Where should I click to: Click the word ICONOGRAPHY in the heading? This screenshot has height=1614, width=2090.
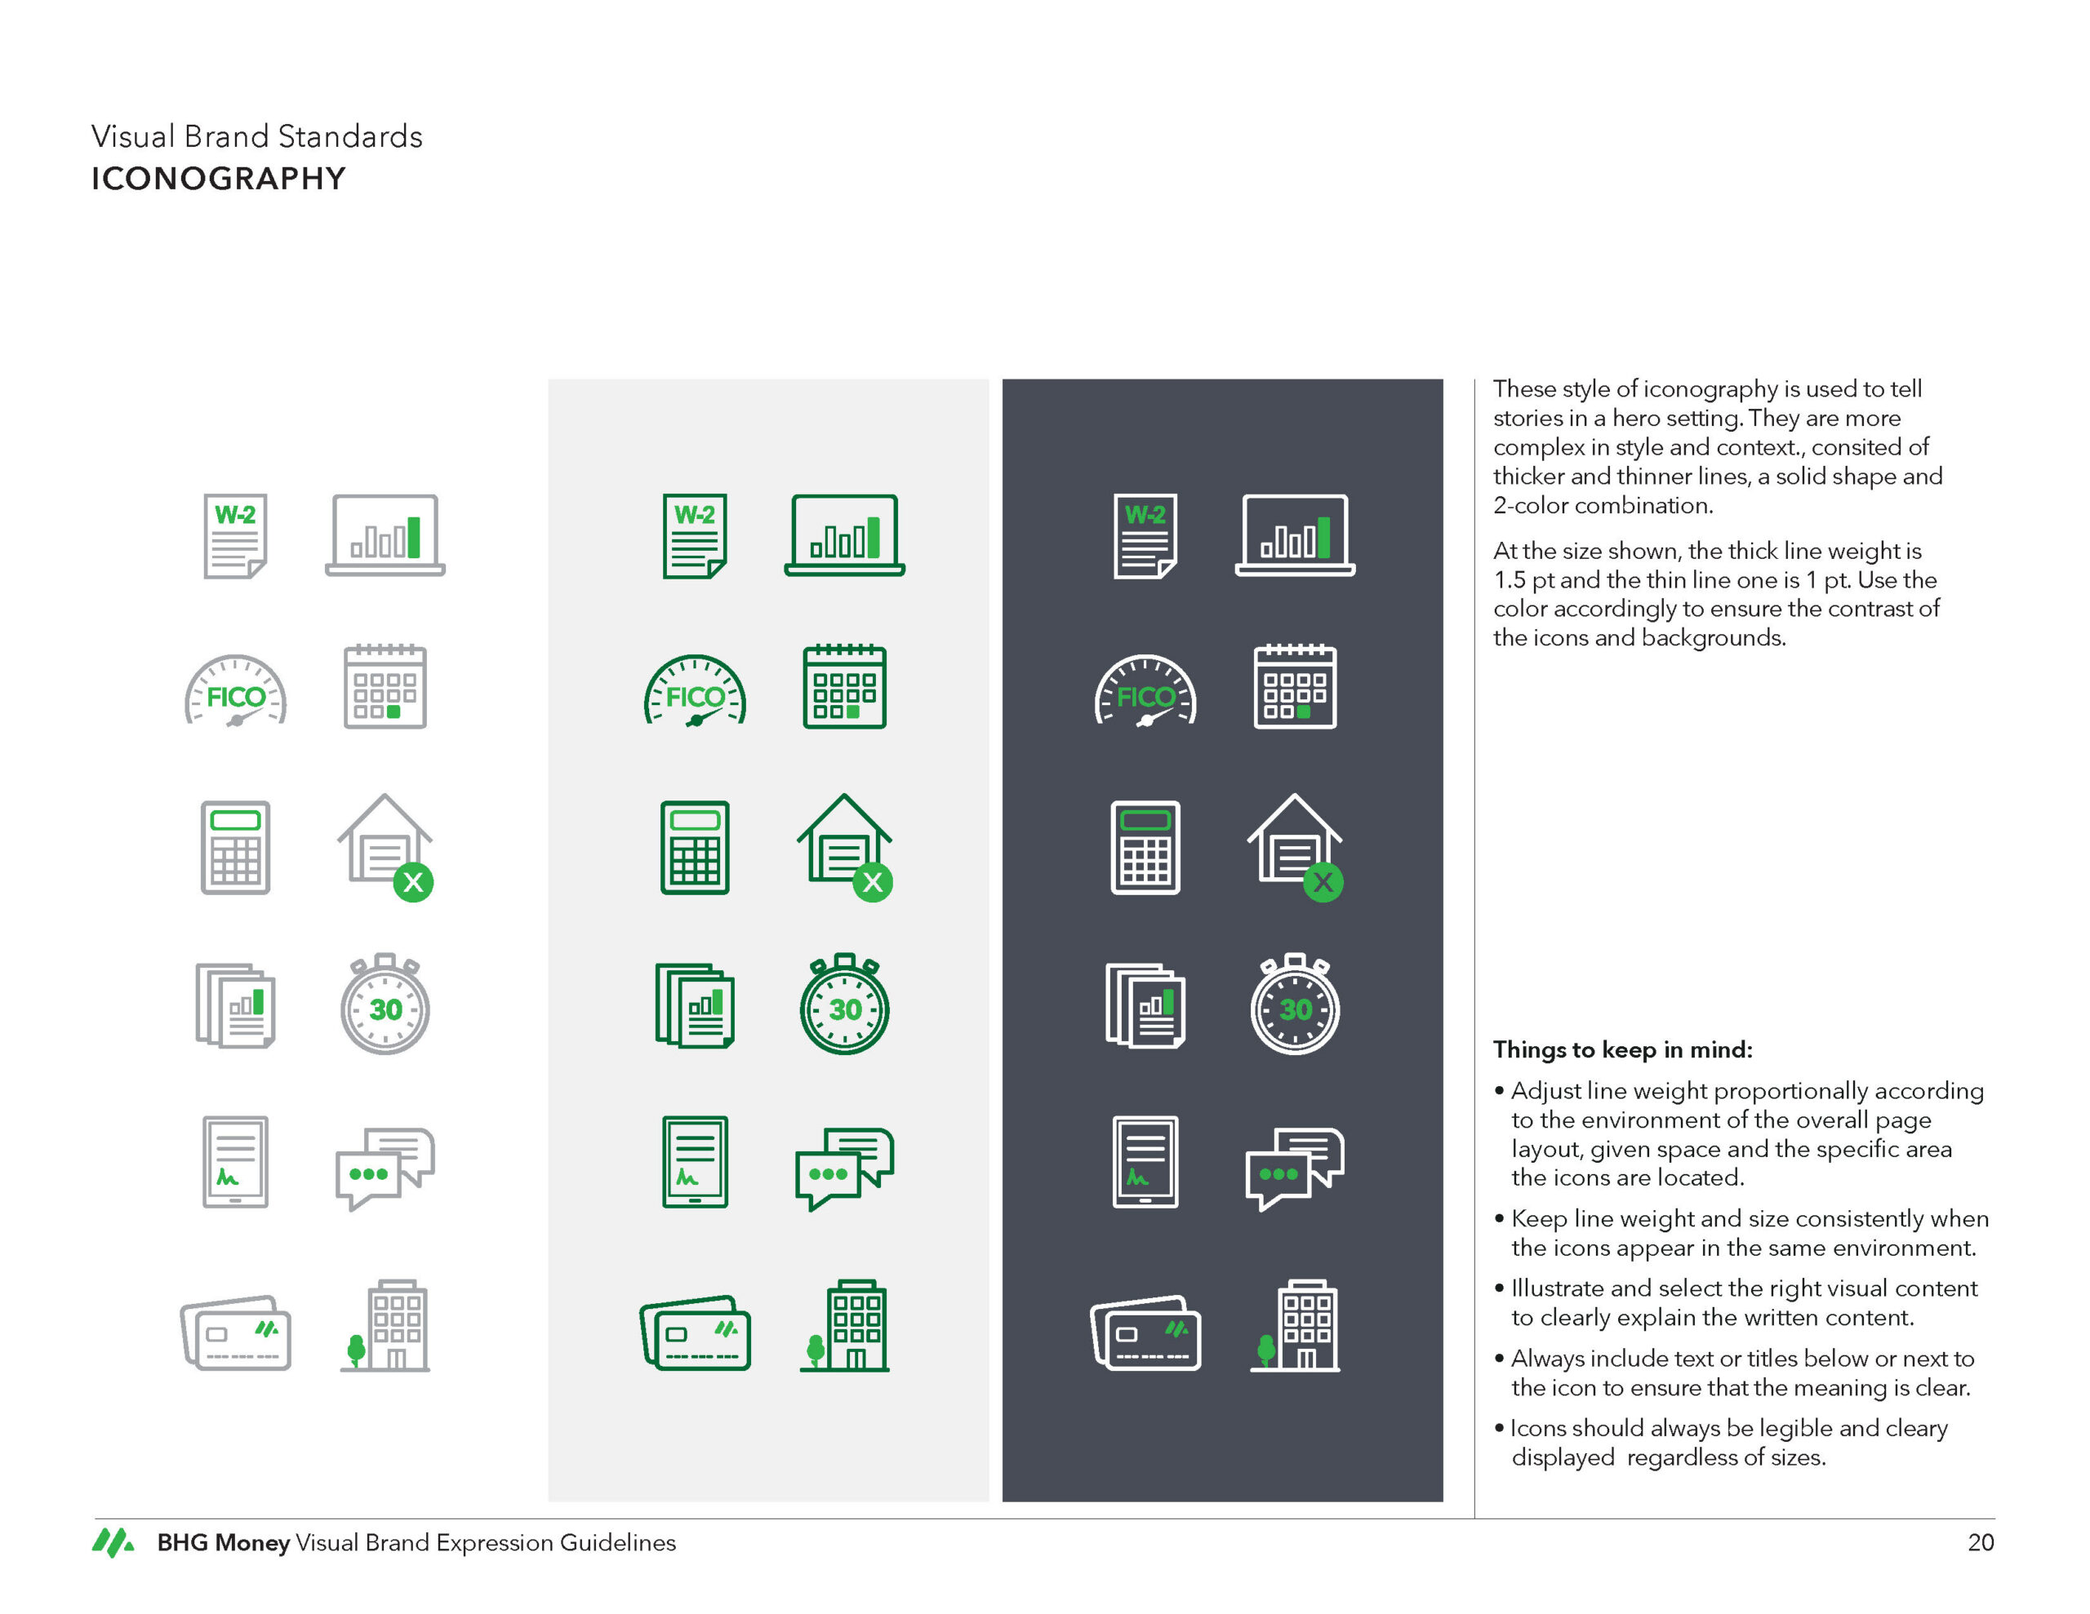pyautogui.click(x=218, y=178)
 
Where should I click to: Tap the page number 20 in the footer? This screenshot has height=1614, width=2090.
pyautogui.click(x=1980, y=1541)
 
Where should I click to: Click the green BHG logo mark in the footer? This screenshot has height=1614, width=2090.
pyautogui.click(x=113, y=1541)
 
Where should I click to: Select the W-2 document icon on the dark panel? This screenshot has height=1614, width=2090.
pyautogui.click(x=1145, y=536)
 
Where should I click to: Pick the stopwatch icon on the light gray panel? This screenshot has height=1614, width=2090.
pyautogui.click(x=844, y=1004)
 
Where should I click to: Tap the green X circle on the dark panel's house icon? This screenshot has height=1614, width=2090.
pyautogui.click(x=1323, y=882)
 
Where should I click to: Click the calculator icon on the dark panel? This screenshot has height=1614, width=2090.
pyautogui.click(x=1145, y=848)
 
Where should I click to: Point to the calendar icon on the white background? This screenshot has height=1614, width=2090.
pyautogui.click(x=385, y=686)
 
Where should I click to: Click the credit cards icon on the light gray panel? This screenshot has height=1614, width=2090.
pyautogui.click(x=695, y=1332)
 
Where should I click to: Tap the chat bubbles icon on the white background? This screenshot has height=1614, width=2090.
pyautogui.click(x=385, y=1168)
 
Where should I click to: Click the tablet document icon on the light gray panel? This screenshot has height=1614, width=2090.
pyautogui.click(x=695, y=1161)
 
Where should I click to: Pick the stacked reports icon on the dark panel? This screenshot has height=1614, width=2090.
pyautogui.click(x=1145, y=1005)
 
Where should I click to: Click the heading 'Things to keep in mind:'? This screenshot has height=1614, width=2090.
pyautogui.click(x=1622, y=1049)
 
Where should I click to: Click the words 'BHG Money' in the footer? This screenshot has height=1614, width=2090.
pyautogui.click(x=223, y=1542)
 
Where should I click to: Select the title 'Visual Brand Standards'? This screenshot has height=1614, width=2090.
pyautogui.click(x=256, y=135)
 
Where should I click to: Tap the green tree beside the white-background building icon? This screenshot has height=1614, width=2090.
pyautogui.click(x=356, y=1350)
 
